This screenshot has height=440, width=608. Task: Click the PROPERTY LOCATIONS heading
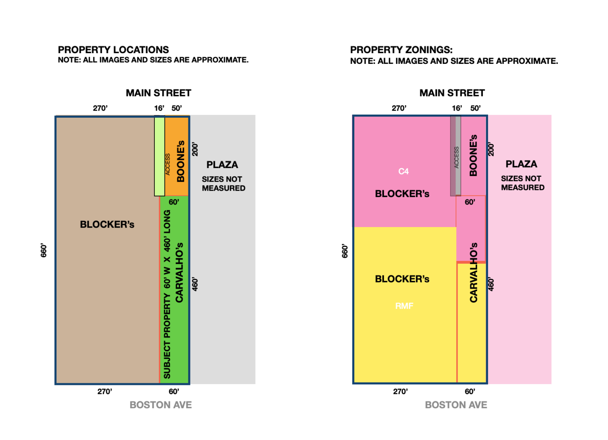(113, 50)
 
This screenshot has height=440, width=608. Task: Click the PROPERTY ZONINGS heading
(401, 50)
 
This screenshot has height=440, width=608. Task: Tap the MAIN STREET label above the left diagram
(158, 93)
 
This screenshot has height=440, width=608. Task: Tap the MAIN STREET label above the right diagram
(452, 93)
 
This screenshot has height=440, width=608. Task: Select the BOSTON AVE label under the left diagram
(161, 405)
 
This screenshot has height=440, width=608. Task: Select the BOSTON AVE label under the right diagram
(456, 405)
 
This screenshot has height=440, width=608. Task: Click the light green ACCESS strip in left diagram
(160, 155)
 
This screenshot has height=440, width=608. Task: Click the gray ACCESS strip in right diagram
(456, 155)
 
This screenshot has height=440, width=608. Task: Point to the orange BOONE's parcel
(177, 155)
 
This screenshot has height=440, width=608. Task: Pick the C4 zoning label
(403, 171)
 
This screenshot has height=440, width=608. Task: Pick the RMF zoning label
(404, 306)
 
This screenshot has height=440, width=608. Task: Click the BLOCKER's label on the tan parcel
(107, 224)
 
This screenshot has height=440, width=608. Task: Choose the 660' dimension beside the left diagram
(44, 251)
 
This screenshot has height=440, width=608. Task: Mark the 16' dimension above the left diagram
(159, 108)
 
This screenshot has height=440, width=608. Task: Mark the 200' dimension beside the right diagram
(491, 149)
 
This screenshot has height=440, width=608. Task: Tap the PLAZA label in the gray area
(222, 165)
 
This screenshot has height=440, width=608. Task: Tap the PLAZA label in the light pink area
(521, 164)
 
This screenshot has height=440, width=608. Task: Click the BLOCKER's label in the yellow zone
(402, 279)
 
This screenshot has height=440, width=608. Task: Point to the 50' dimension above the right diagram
(475, 108)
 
